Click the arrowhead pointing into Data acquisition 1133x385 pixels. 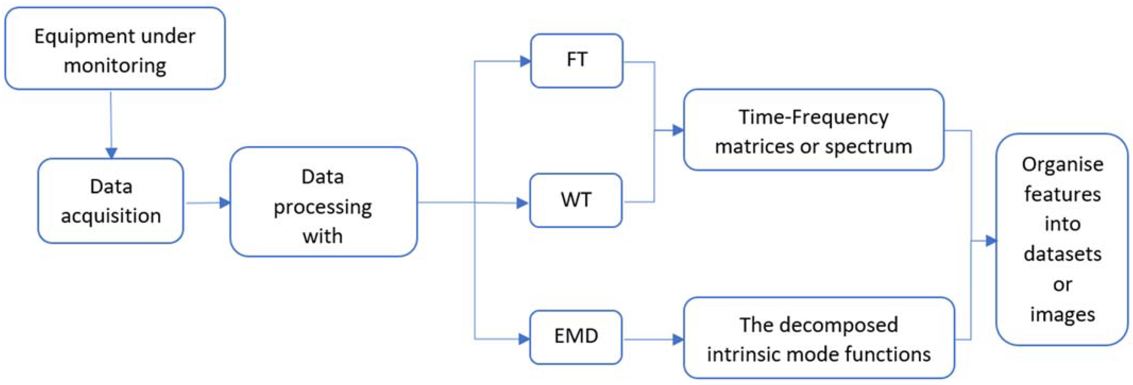(x=111, y=152)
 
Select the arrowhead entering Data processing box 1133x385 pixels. (x=224, y=203)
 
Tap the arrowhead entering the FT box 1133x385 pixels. (x=525, y=61)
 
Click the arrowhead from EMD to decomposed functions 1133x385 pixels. (x=678, y=339)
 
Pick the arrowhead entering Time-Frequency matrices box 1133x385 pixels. (x=678, y=130)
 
